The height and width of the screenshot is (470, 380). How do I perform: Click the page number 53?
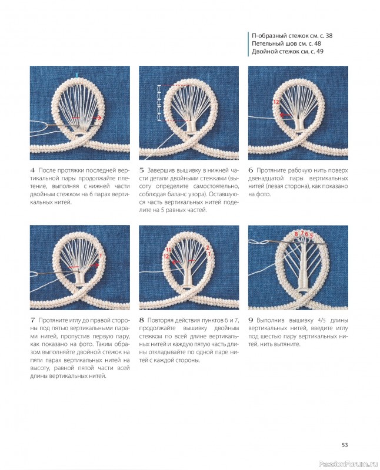click(x=345, y=445)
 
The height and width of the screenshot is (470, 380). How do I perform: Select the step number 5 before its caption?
click(x=141, y=170)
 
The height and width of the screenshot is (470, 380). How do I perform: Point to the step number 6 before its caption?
click(x=251, y=170)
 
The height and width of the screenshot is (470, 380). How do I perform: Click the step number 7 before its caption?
click(x=32, y=320)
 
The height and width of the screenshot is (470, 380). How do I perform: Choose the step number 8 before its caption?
click(x=141, y=320)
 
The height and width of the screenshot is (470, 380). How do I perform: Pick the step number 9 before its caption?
click(x=251, y=320)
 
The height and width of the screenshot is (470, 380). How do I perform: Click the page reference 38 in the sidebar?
click(x=329, y=36)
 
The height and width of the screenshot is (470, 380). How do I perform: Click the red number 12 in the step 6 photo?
click(x=276, y=102)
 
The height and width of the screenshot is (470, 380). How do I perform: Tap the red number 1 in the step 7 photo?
click(x=101, y=256)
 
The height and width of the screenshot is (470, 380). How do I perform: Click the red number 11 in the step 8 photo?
click(x=168, y=250)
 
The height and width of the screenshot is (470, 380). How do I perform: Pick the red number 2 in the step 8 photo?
click(x=208, y=248)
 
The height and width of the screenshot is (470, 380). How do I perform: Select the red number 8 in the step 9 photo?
click(x=296, y=234)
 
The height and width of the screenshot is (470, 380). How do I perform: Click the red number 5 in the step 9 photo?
click(x=311, y=236)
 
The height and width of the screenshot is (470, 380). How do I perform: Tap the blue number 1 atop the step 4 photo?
click(x=77, y=75)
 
